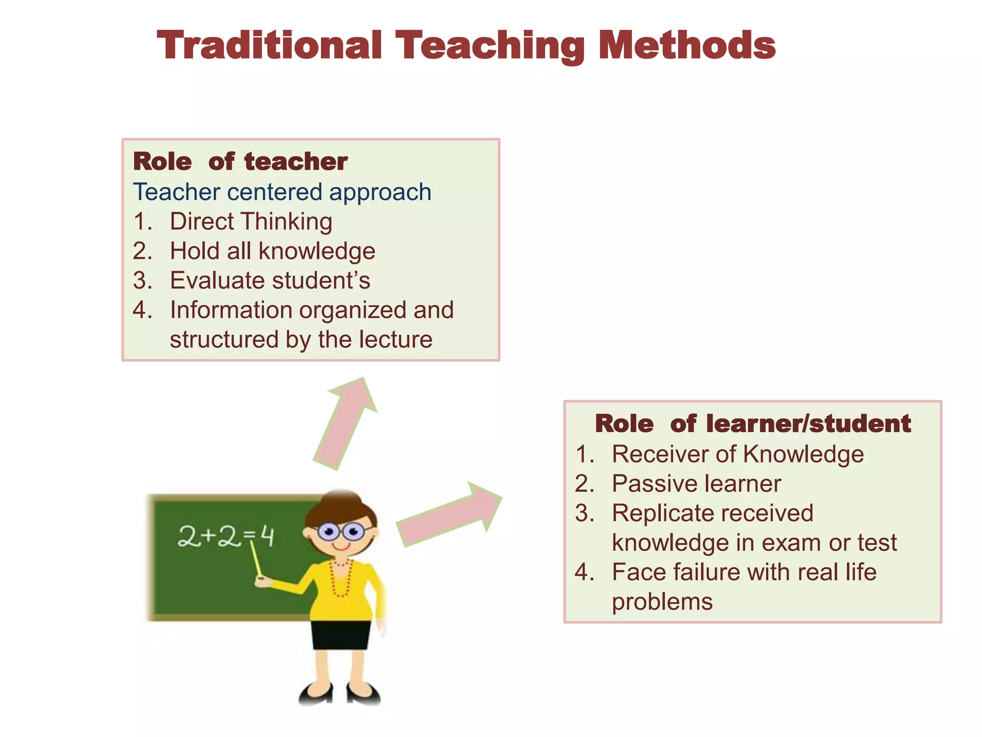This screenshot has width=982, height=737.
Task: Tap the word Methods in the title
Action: click(x=687, y=46)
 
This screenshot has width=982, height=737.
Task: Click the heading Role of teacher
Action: click(x=240, y=162)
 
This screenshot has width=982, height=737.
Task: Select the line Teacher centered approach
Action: click(x=282, y=192)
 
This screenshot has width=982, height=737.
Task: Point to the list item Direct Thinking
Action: click(x=250, y=222)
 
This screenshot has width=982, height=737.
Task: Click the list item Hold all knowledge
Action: click(x=272, y=251)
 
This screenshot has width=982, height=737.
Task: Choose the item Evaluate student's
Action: click(x=269, y=281)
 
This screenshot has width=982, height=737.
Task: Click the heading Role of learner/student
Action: click(x=752, y=424)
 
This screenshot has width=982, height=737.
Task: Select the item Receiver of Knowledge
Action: click(x=737, y=454)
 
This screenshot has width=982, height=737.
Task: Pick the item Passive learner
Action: click(x=696, y=484)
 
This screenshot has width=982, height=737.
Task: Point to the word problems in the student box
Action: click(x=662, y=602)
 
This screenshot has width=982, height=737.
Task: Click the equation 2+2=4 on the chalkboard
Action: click(x=225, y=536)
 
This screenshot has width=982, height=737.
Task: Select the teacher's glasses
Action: click(x=341, y=532)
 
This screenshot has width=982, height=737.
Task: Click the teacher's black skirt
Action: click(x=340, y=635)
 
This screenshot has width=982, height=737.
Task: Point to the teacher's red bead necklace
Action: click(x=341, y=578)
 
